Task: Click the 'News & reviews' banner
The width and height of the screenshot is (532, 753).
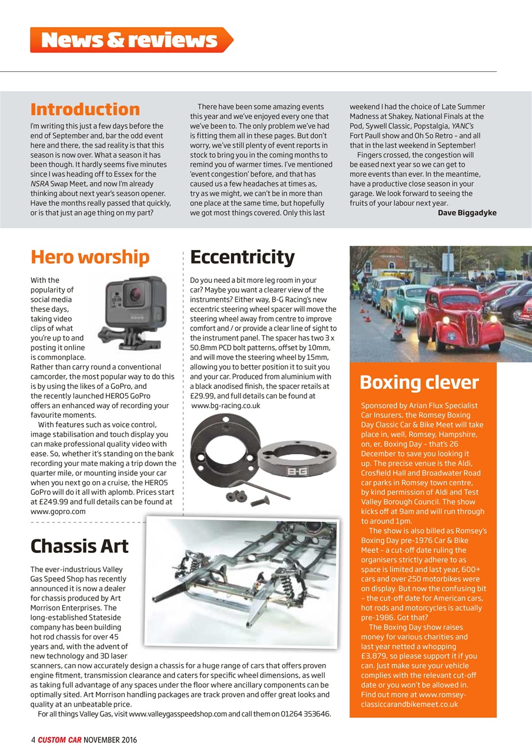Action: point(130,40)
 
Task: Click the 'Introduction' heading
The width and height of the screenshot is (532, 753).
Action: point(85,109)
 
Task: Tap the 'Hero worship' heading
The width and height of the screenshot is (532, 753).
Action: point(89,257)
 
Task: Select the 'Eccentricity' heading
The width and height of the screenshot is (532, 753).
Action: point(242,257)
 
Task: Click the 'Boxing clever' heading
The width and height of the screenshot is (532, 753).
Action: point(419,382)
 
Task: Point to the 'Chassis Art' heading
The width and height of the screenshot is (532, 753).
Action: point(79,546)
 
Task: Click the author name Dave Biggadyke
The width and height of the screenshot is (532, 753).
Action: point(467,212)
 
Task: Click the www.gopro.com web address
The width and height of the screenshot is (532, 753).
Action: point(58,511)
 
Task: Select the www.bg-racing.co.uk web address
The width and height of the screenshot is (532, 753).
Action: point(226,405)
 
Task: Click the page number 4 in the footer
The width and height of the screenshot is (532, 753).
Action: point(33,739)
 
